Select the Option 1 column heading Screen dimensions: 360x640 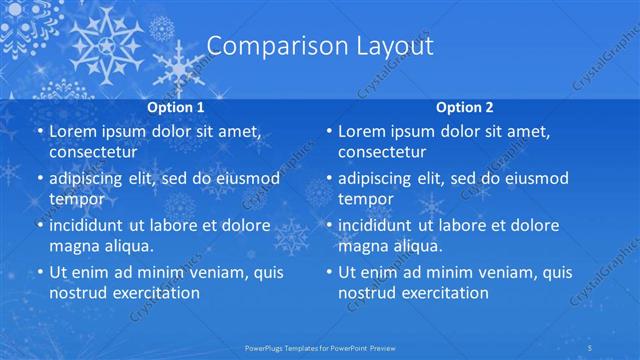click(x=176, y=106)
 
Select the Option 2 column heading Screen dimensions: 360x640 click(x=465, y=106)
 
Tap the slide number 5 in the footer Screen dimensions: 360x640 click(x=620, y=348)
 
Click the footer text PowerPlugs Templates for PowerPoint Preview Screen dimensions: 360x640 click(x=319, y=348)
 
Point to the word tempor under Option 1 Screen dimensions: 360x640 click(x=76, y=198)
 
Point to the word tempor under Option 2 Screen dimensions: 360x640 click(x=366, y=198)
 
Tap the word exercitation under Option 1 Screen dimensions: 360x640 click(x=150, y=293)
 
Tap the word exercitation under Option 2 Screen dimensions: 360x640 click(x=440, y=293)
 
